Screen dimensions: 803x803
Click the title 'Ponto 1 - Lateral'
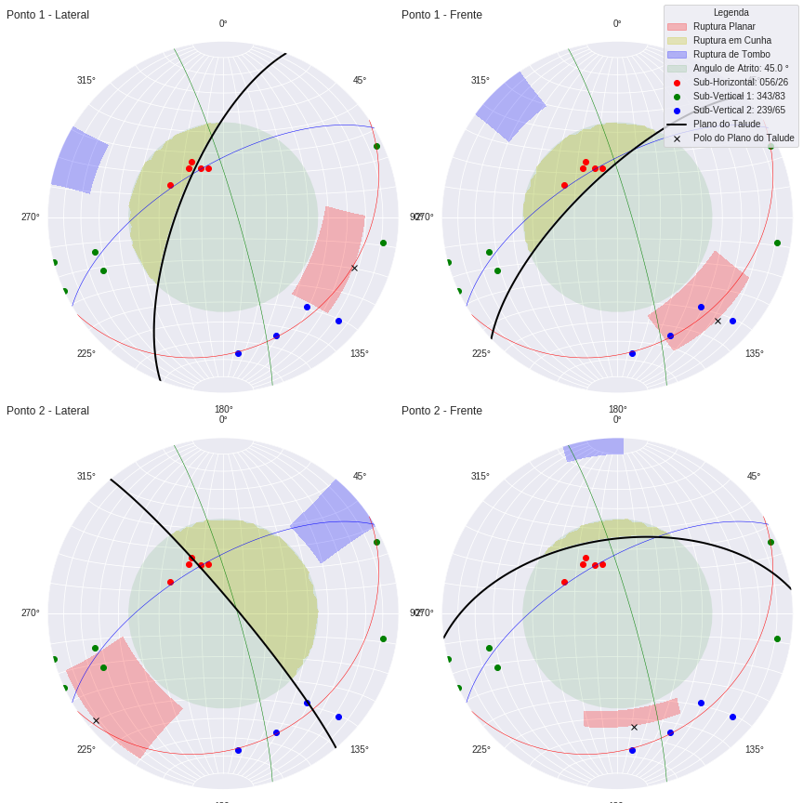tap(47, 15)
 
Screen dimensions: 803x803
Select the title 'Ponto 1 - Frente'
tap(441, 15)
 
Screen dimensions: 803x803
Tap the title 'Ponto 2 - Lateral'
tap(47, 411)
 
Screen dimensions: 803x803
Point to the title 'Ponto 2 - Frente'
tap(441, 411)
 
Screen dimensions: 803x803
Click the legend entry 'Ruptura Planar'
tap(724, 27)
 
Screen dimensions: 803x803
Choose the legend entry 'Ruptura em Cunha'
tap(731, 41)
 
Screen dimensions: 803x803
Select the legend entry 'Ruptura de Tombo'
tap(731, 55)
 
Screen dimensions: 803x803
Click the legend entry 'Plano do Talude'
tap(726, 125)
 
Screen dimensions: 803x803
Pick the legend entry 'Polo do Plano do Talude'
tap(743, 138)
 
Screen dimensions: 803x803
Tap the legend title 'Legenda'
tap(731, 13)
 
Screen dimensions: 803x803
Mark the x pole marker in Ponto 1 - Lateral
tap(354, 269)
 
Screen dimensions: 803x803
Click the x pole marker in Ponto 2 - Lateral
tap(96, 721)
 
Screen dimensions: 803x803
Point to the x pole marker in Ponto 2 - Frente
tap(635, 728)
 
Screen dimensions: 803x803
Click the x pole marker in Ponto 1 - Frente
tap(717, 322)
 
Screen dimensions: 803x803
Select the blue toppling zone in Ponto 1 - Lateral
tap(79, 160)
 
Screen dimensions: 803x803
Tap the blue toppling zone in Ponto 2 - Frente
tap(593, 450)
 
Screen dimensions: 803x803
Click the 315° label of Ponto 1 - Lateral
tap(86, 81)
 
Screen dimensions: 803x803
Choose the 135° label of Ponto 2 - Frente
tap(754, 750)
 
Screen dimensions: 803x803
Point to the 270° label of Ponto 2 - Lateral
tap(31, 613)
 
